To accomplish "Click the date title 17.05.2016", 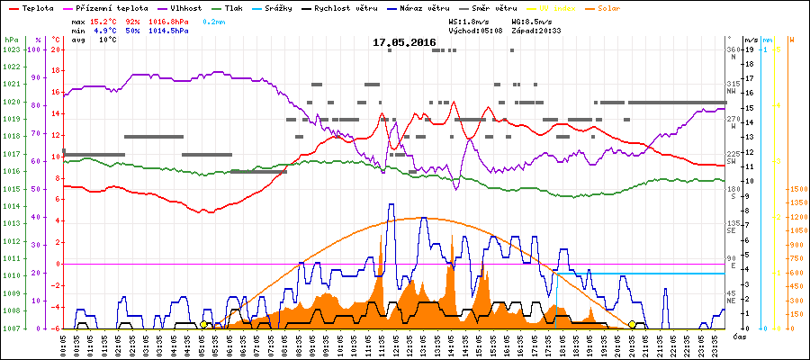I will coord(404,42).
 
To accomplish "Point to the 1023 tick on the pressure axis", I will coord(11,49).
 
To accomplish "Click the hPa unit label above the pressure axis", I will coord(11,40).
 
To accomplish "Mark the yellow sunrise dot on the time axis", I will coord(203,324).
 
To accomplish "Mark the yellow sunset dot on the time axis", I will coord(632,324).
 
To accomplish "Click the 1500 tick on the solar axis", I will coord(796,190).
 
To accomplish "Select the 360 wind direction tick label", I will coord(733,49).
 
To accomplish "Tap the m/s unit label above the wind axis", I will coord(751,40).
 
